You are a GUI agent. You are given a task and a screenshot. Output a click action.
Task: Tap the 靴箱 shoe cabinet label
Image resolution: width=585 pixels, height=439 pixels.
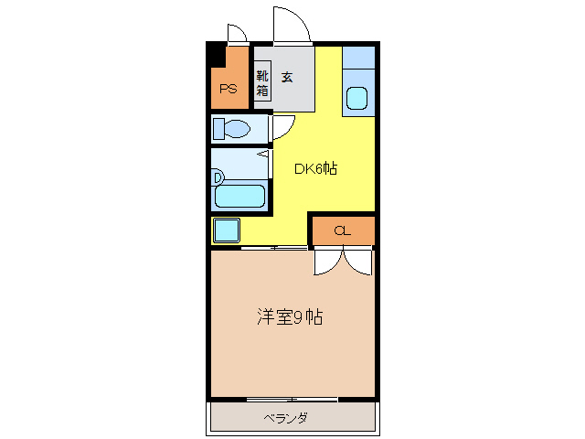point(262,83)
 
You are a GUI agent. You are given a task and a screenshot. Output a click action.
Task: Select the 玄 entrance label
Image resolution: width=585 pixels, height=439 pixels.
point(287,77)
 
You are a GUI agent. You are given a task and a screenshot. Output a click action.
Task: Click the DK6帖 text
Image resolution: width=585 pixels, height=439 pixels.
point(315,168)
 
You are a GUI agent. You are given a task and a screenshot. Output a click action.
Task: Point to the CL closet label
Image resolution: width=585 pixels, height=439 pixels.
point(342,231)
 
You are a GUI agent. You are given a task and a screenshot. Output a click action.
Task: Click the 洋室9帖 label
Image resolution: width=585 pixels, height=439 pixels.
point(288,317)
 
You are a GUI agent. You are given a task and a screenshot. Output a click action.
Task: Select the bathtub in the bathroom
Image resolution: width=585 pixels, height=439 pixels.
point(239,196)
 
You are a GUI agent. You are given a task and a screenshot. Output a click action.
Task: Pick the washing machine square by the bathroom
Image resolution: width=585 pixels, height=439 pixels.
point(226,230)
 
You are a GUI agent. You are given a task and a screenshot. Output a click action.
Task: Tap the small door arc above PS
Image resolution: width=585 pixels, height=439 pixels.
point(237,34)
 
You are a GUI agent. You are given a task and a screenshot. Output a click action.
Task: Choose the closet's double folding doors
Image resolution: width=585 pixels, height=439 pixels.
point(344,262)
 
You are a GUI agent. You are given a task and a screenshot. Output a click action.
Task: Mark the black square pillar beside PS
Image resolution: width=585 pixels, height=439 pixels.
point(216,54)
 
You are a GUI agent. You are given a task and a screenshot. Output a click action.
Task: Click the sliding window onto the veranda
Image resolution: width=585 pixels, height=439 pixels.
point(292,400)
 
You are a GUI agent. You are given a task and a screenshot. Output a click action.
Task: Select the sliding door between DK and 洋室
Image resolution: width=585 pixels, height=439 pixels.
point(274,248)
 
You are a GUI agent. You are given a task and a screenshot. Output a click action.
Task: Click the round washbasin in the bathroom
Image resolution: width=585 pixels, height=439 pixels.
point(218,176)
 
